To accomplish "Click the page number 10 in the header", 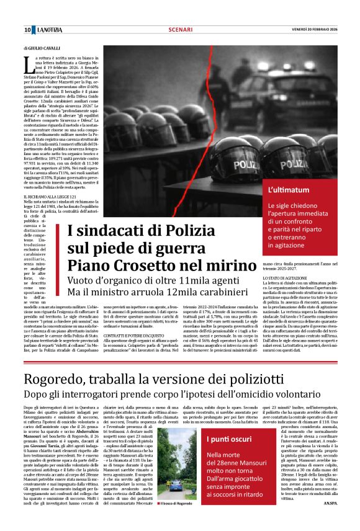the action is (27, 30).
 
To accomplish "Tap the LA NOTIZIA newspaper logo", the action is (49, 30).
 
